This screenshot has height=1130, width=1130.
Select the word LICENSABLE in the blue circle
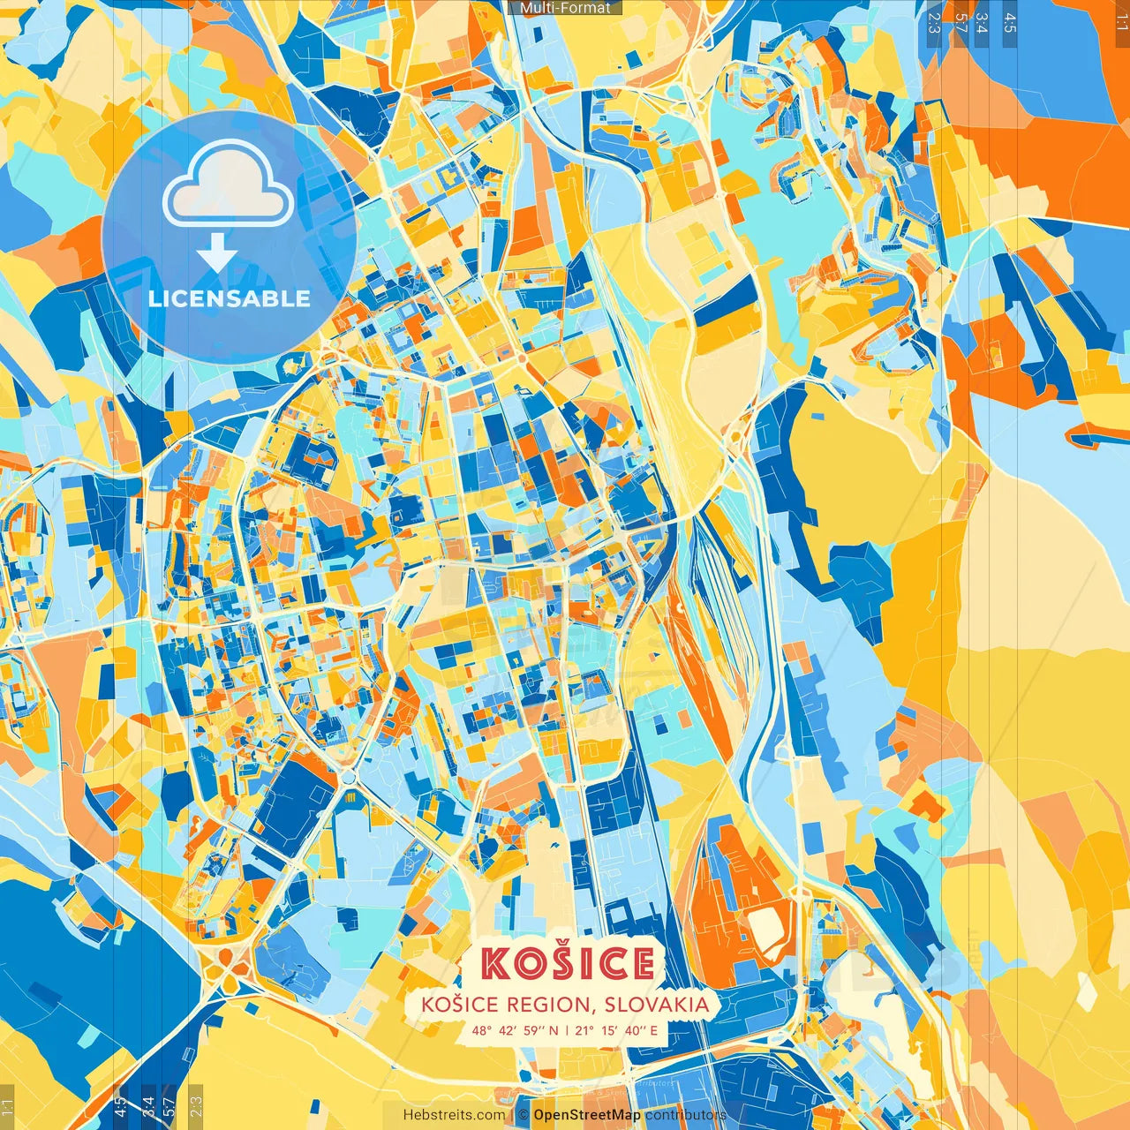click(x=229, y=298)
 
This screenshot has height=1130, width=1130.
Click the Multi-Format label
click(x=565, y=8)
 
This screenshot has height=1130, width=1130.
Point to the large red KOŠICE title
click(x=568, y=963)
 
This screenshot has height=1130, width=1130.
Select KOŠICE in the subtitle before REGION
click(x=456, y=1004)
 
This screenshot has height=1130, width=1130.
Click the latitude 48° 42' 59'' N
click(x=514, y=1030)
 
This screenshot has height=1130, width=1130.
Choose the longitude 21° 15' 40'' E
click(x=616, y=1030)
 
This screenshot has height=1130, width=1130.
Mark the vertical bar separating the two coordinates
click(x=567, y=1030)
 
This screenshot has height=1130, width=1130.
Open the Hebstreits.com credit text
click(x=454, y=1115)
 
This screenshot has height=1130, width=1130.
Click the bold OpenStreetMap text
click(x=586, y=1115)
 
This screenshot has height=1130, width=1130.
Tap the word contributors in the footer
click(x=685, y=1115)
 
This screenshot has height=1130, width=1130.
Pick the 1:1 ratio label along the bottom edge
click(x=7, y=1106)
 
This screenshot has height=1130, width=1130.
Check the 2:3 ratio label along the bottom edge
click(x=195, y=1106)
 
